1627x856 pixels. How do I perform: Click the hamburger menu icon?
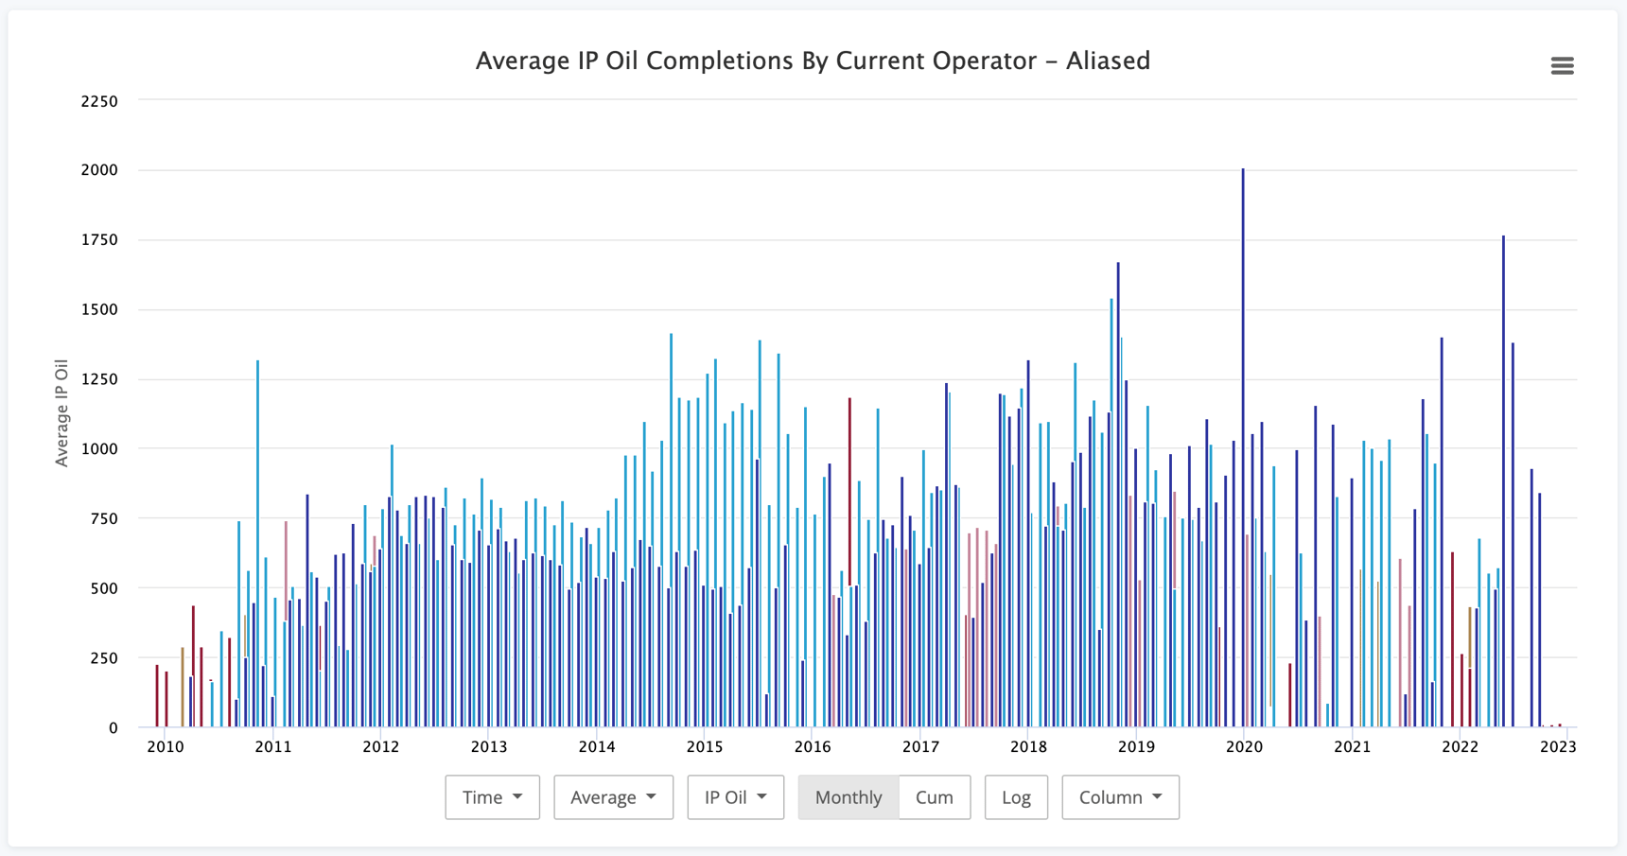[x=1562, y=65]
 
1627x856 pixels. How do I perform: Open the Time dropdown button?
[x=492, y=797]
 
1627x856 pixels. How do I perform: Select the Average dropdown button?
[x=613, y=797]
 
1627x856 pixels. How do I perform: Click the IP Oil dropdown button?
[x=735, y=797]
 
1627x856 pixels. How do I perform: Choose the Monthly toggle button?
[x=848, y=797]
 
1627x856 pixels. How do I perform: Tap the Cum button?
[x=934, y=797]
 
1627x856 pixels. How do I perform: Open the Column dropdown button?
[x=1120, y=797]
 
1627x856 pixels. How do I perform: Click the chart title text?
[x=813, y=61]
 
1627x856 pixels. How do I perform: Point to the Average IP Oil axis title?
[x=62, y=413]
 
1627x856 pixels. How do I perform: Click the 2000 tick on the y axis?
[x=99, y=170]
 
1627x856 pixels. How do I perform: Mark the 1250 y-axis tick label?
[x=99, y=379]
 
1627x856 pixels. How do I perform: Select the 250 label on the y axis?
[x=104, y=658]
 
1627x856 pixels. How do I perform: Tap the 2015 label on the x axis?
[x=704, y=746]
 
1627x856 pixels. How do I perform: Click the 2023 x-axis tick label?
[x=1558, y=746]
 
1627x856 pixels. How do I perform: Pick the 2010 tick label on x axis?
[x=166, y=746]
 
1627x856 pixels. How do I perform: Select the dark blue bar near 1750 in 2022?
[x=1503, y=482]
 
